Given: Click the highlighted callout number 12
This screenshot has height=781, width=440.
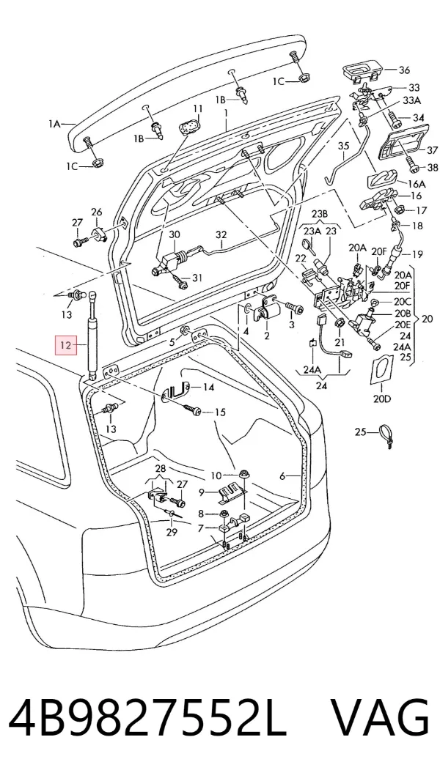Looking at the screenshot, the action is [x=66, y=344].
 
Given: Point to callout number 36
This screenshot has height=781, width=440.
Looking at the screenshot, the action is [x=403, y=70].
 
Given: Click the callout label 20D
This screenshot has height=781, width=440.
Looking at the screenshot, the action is [x=382, y=399].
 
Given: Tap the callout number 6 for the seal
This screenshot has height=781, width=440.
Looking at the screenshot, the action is [x=282, y=476].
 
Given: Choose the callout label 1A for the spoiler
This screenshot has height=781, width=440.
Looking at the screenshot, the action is [x=54, y=124].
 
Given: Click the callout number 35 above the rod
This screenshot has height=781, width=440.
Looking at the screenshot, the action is [x=345, y=147].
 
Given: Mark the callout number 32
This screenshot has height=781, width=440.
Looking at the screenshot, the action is [x=221, y=234].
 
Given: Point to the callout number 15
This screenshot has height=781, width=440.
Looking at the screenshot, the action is [x=220, y=412].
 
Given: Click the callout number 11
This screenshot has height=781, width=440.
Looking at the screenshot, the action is [x=198, y=108].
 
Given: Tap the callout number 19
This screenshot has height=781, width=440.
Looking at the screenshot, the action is [x=417, y=254].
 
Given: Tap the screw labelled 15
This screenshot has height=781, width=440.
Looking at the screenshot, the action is [x=192, y=410].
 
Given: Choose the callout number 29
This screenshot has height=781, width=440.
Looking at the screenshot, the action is [x=171, y=532].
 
